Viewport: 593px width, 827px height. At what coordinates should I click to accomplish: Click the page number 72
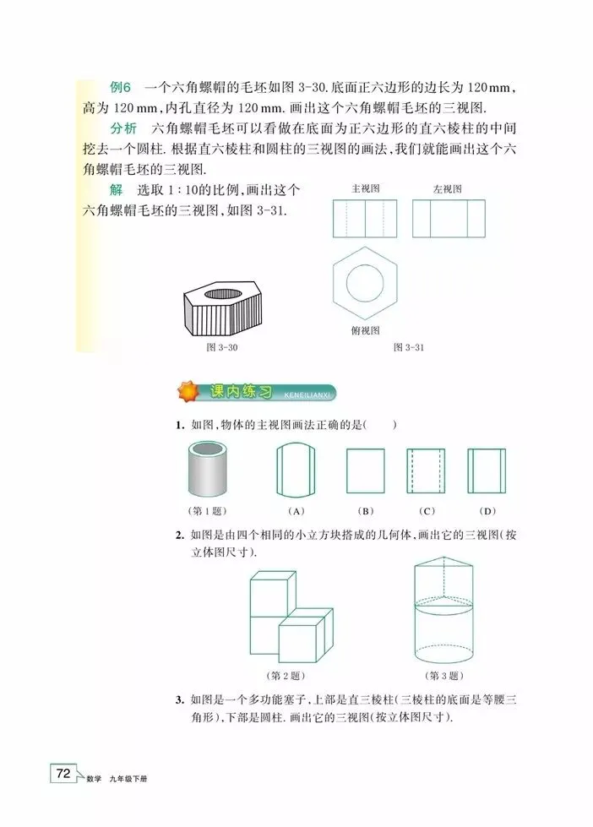click(x=63, y=773)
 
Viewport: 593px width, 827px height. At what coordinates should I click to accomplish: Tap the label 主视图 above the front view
click(x=366, y=188)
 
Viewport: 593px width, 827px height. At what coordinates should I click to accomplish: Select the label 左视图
click(x=448, y=189)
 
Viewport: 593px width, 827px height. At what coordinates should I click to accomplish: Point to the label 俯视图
click(x=366, y=330)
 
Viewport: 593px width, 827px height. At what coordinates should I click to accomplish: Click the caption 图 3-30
click(x=222, y=347)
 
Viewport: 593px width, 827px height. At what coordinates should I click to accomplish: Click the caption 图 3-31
click(x=409, y=347)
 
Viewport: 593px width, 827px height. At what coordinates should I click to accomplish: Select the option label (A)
click(x=296, y=510)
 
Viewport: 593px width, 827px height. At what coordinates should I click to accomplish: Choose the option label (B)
click(x=365, y=510)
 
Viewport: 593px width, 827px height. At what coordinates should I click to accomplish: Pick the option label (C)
click(x=427, y=510)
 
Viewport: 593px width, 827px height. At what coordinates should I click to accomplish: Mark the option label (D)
click(x=487, y=510)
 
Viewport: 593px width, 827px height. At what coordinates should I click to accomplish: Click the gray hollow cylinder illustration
click(x=208, y=469)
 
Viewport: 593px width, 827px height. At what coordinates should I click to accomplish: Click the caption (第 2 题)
click(x=286, y=676)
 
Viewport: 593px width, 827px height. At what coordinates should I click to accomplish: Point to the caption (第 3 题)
click(x=444, y=676)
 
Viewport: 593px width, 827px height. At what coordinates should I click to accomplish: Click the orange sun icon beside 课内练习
click(x=188, y=392)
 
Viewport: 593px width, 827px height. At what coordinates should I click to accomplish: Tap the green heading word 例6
click(x=120, y=87)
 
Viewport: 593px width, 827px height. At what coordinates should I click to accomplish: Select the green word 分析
click(x=123, y=128)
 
